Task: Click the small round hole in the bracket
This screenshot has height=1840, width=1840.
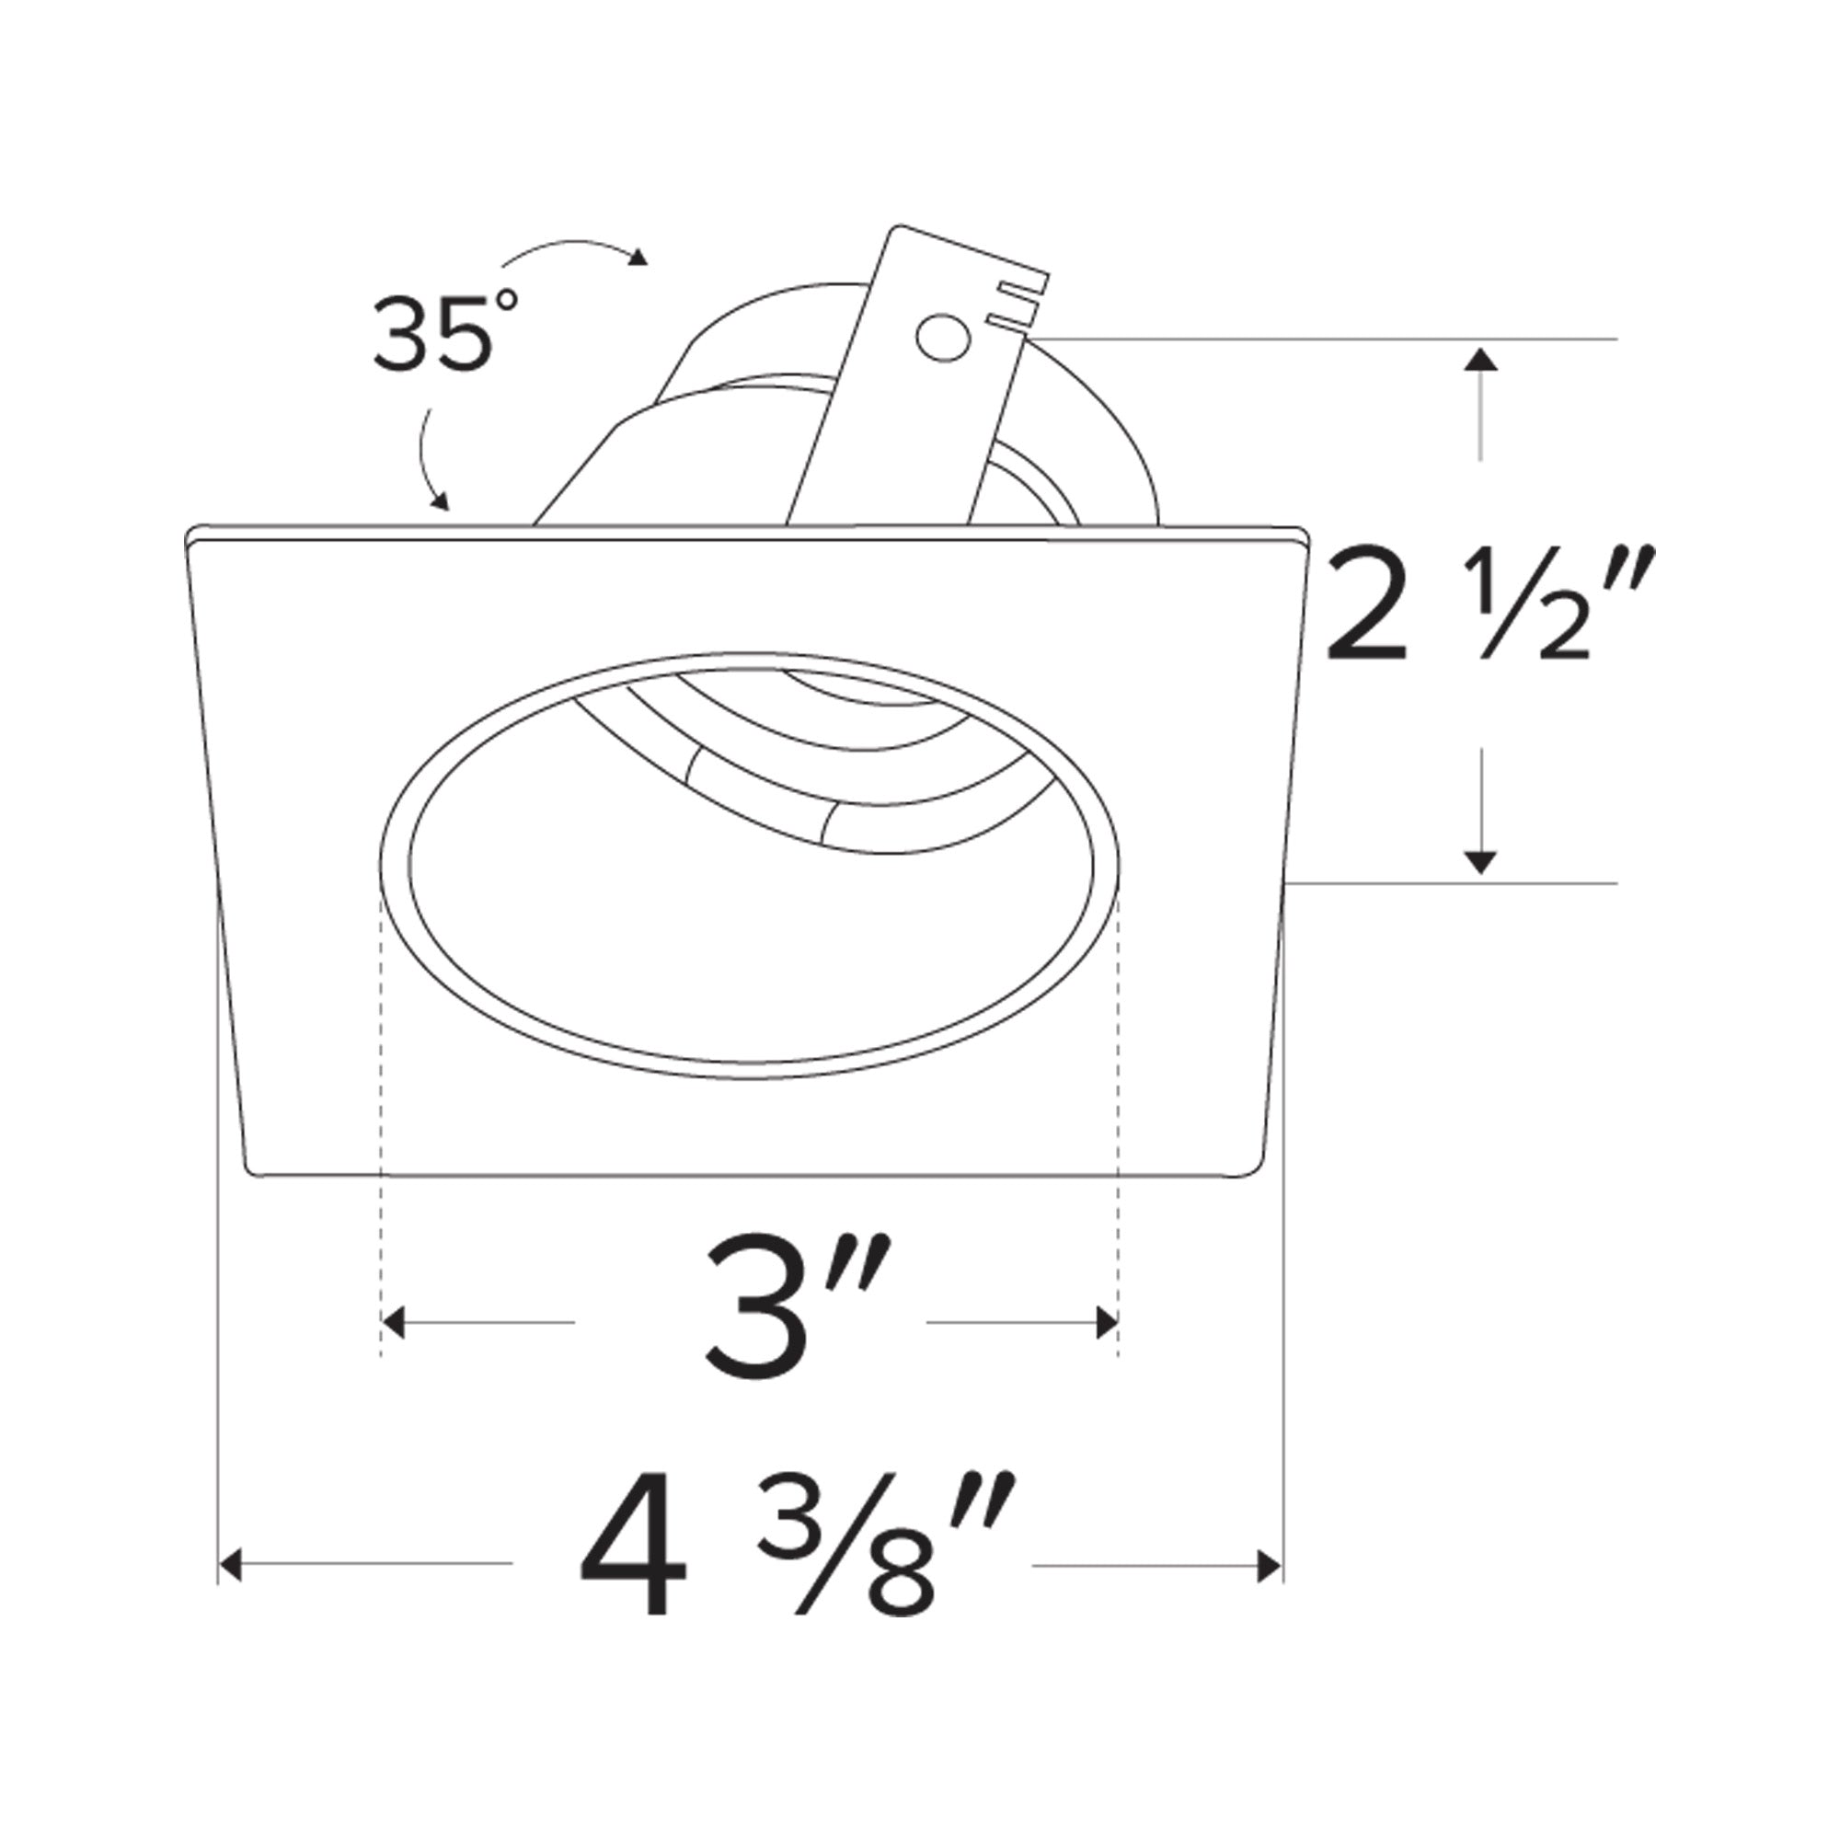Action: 943,338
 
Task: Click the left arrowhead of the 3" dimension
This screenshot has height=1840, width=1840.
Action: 394,1322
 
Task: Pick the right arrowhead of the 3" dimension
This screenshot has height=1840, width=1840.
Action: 1107,1322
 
